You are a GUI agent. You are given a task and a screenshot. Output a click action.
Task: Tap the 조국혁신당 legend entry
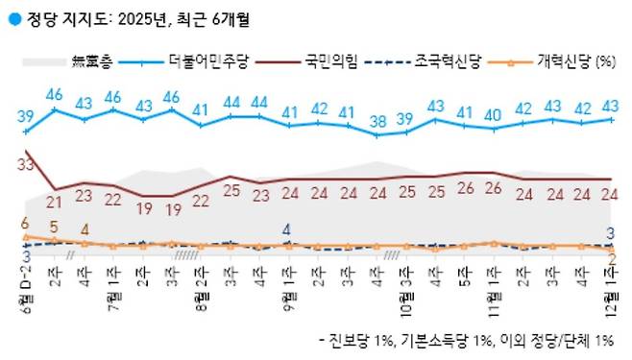pyautogui.click(x=448, y=63)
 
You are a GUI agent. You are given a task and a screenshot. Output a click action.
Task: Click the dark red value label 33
pyautogui.click(x=26, y=166)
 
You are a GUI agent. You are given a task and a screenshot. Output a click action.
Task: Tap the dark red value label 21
pyautogui.click(x=55, y=202)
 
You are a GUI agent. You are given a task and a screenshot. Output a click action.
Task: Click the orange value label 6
pyautogui.click(x=24, y=223)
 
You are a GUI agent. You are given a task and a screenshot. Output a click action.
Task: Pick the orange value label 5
pyautogui.click(x=56, y=228)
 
